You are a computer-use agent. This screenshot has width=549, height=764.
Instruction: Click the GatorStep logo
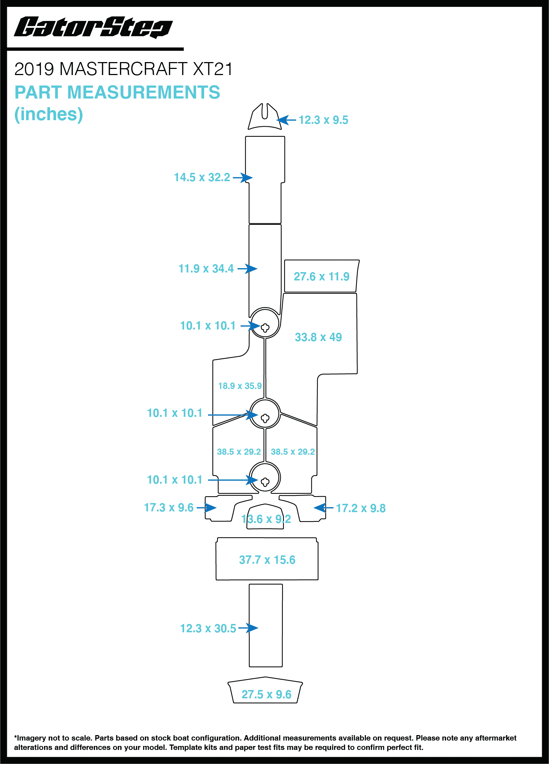pos(93,27)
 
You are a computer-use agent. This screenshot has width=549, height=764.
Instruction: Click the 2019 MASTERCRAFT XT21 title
pos(123,69)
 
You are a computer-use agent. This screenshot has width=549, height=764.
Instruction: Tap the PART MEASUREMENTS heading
pos(117,92)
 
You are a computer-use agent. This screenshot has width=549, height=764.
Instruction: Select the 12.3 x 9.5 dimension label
pos(323,120)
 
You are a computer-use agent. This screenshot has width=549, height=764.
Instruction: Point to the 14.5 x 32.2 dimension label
pos(202,178)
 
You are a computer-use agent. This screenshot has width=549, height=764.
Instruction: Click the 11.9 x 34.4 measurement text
pos(206,269)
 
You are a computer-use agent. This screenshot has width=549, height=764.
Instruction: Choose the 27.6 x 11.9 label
pos(321,277)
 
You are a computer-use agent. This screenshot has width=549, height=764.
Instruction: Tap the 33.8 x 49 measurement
pos(318,337)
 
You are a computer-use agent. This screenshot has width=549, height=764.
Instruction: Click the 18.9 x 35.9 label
pos(240,386)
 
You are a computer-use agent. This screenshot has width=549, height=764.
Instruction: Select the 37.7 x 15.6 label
pos(267,560)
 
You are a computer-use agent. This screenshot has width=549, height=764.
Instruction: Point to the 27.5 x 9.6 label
pos(267,695)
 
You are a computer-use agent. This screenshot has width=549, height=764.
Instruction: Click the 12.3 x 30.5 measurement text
pos(208,629)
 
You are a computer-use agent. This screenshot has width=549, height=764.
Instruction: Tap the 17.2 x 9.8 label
pos(360,508)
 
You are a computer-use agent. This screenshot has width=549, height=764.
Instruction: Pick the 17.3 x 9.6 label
pos(169,508)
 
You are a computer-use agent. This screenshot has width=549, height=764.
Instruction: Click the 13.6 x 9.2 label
pos(266,519)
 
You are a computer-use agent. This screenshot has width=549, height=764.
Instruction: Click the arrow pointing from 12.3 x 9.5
pos(287,120)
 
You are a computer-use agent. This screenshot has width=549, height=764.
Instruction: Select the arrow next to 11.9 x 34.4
pos(247,269)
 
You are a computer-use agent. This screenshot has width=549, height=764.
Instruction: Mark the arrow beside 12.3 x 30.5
pos(248,628)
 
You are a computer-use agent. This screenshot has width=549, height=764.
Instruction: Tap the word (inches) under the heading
pos(49,114)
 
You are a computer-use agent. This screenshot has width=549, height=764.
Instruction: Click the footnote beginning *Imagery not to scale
pos(265,743)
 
